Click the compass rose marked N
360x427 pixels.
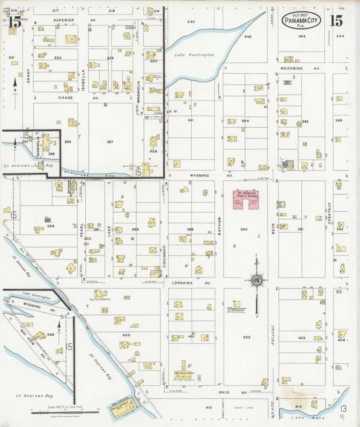pyautogui.click(x=257, y=280)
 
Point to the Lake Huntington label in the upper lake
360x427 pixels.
pyautogui.click(x=194, y=54)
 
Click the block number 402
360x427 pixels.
pyautogui.click(x=247, y=337)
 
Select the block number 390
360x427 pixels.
pyautogui.click(x=244, y=230)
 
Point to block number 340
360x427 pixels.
pyautogui.click(x=191, y=22)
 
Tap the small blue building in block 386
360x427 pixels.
pyautogui.click(x=47, y=220)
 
